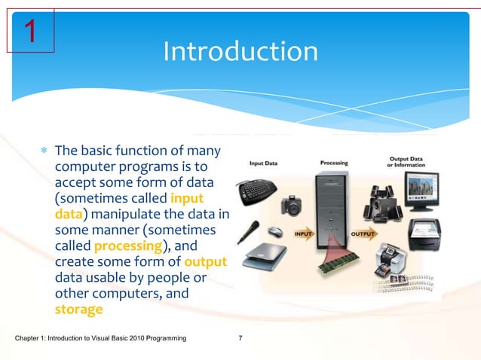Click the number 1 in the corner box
(x=30, y=32)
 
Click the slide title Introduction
(x=240, y=52)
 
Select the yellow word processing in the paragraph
(x=127, y=246)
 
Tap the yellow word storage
(x=78, y=309)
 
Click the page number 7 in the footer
(x=240, y=340)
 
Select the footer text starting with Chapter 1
(x=101, y=340)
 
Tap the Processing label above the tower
(x=334, y=162)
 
